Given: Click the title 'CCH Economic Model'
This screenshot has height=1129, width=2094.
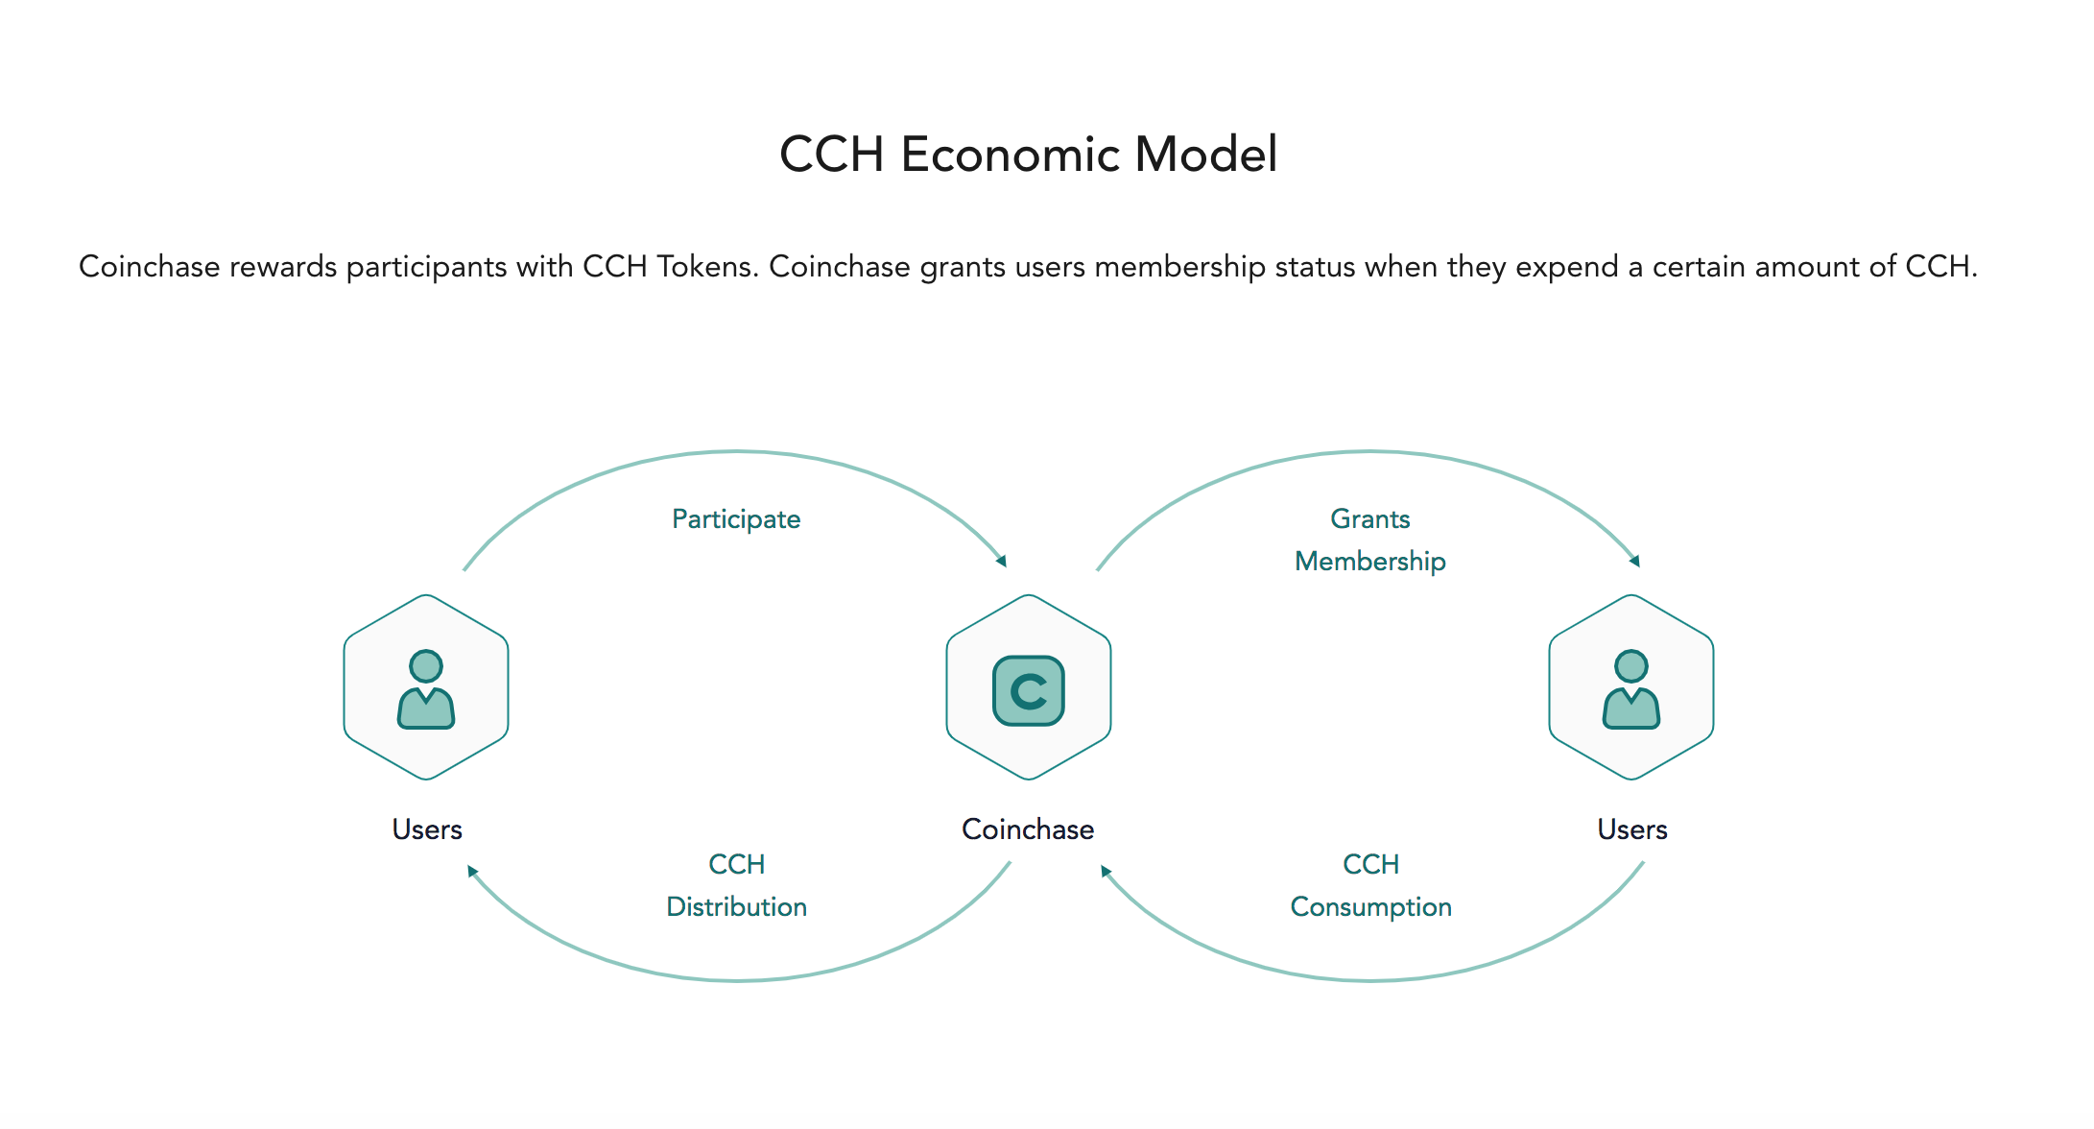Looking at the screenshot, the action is click(x=1028, y=154).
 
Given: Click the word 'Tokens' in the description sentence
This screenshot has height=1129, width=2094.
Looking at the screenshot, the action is click(x=706, y=266).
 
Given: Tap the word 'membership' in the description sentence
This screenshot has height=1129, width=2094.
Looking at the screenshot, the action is click(x=1180, y=267).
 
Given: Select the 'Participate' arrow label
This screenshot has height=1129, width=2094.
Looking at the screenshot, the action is click(x=736, y=519).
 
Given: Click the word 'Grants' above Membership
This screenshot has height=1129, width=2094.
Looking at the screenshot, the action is click(x=1370, y=518).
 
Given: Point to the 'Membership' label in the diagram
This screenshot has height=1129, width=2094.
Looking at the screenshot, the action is click(x=1370, y=561).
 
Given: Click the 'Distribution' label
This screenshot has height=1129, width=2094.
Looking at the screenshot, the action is click(x=737, y=906).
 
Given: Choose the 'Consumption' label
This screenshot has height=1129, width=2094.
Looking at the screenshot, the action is click(x=1371, y=906).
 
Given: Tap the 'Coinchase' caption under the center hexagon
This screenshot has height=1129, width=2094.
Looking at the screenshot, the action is click(x=1028, y=829).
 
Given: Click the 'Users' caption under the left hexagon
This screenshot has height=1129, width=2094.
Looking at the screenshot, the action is click(x=427, y=829).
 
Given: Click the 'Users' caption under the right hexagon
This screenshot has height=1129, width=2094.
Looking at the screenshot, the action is click(x=1632, y=829).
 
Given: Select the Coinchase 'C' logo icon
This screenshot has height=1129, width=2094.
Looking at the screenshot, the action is click(x=1029, y=690).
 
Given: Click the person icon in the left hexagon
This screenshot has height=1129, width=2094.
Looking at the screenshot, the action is click(x=426, y=689).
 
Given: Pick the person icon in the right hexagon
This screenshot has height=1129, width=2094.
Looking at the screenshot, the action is click(x=1631, y=689).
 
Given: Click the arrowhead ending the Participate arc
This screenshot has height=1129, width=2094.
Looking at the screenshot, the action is click(x=1002, y=562).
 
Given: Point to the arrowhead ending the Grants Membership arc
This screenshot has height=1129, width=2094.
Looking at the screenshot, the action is click(x=1635, y=562).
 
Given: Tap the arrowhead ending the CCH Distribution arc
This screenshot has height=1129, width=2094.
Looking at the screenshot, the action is click(x=472, y=871).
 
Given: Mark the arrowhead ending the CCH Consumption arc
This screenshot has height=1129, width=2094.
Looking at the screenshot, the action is click(x=1106, y=871).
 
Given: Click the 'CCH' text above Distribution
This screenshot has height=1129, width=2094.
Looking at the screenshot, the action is click(x=737, y=864).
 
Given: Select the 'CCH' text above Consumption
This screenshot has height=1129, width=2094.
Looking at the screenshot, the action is click(x=1371, y=864).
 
